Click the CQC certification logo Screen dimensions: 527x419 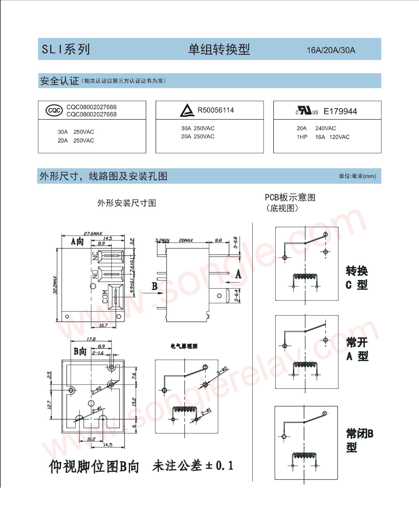tap(54, 110)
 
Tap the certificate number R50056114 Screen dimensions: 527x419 tap(215, 110)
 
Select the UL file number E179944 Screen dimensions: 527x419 tap(340, 111)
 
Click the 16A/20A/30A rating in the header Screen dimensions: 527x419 tap(331, 50)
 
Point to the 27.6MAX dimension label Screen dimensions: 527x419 tap(93, 233)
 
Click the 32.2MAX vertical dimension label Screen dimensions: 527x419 tap(55, 285)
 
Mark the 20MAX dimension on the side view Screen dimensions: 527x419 tap(186, 240)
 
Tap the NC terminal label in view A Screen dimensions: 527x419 tap(95, 256)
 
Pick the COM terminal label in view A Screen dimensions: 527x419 tap(105, 297)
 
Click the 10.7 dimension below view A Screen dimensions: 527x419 tap(103, 325)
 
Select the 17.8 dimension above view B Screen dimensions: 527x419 tap(91, 339)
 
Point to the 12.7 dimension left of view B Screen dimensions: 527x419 tap(49, 405)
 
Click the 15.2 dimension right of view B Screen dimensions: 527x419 tap(134, 402)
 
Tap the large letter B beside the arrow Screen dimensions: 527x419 tap(154, 286)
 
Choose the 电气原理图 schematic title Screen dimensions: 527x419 tap(184, 346)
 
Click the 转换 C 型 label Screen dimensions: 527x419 tap(356, 278)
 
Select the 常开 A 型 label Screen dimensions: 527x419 tap(357, 349)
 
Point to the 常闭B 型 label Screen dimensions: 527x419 tap(359, 440)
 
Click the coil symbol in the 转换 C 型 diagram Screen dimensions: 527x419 tap(305, 277)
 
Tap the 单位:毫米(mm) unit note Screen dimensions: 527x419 tap(357, 176)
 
